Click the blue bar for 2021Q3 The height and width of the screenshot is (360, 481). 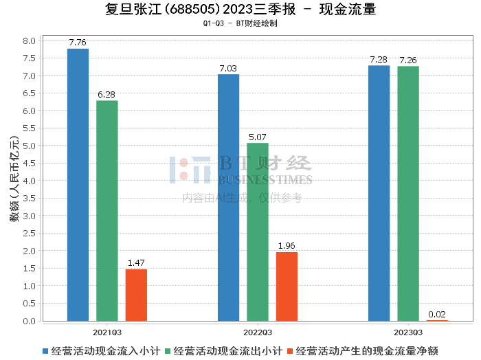click(x=78, y=185)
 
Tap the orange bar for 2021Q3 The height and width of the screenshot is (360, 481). click(x=136, y=295)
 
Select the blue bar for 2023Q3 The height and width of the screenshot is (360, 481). click(x=379, y=193)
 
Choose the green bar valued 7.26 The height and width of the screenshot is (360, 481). click(x=408, y=193)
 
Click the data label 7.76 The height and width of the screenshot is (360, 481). click(x=78, y=43)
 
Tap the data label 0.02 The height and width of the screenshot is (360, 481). click(x=437, y=315)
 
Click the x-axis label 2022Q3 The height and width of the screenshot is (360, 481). click(x=258, y=332)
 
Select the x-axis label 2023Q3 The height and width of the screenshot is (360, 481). click(x=408, y=332)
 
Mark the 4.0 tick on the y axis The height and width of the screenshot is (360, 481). click(x=29, y=181)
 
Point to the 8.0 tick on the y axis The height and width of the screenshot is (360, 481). click(x=29, y=41)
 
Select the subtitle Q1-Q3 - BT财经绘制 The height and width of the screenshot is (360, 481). click(x=240, y=23)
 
